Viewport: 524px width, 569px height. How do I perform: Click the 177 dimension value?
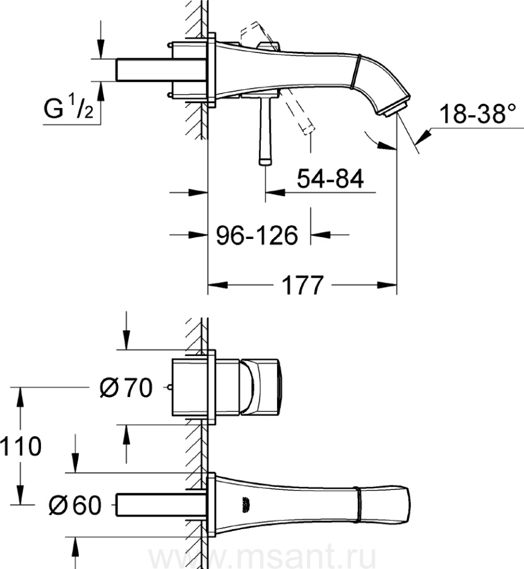302,286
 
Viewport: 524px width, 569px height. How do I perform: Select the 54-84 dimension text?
330,179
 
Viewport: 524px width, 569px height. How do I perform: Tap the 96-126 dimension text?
257,236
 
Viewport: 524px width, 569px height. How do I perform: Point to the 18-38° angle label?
477,114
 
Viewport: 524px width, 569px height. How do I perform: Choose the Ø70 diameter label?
126,388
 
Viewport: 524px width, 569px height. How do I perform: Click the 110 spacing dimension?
21,446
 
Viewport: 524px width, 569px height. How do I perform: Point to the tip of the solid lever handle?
265,161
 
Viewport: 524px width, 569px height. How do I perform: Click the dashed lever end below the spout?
307,128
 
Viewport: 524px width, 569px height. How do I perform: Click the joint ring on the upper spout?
356,71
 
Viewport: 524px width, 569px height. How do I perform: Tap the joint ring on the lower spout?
359,505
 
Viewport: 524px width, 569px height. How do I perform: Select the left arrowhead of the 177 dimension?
218,285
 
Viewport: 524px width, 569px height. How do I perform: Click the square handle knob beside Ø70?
259,387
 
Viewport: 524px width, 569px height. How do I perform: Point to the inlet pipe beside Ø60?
160,505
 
